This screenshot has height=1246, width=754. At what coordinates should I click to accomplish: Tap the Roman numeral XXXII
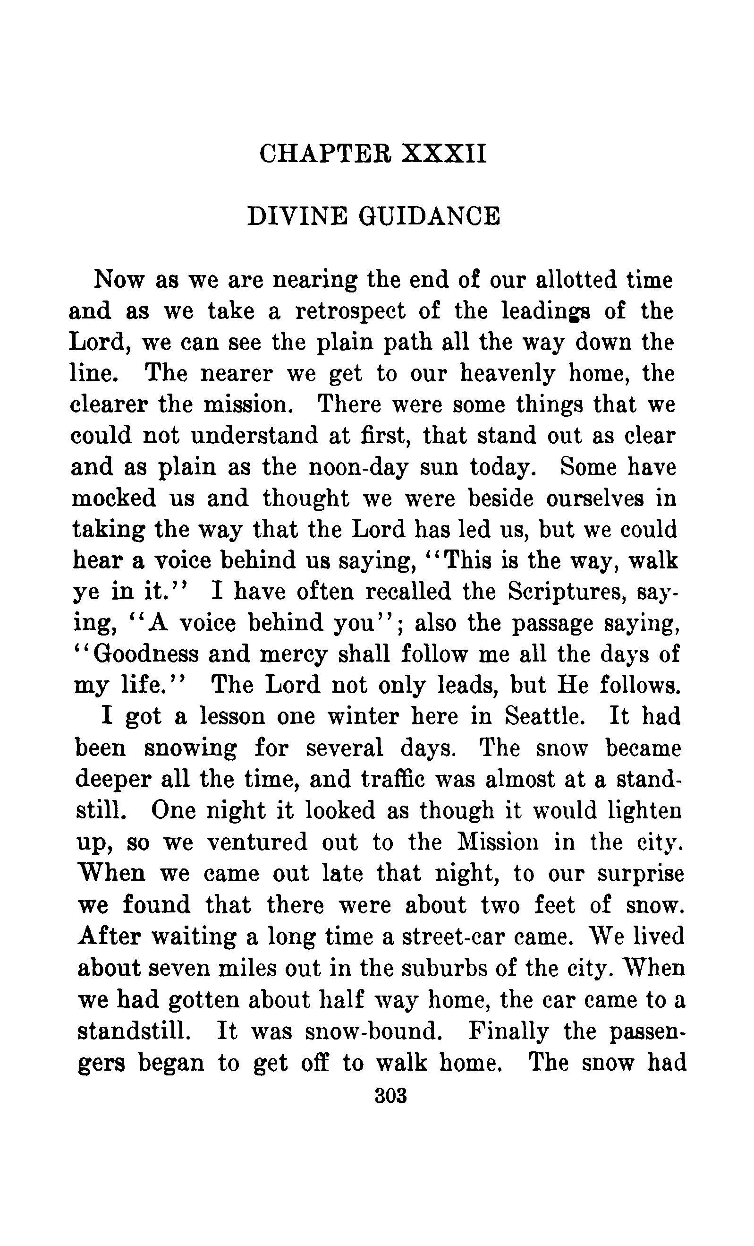(x=444, y=154)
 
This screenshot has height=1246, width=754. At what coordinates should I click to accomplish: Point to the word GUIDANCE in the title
(x=429, y=216)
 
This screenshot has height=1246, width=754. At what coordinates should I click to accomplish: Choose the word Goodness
(x=146, y=654)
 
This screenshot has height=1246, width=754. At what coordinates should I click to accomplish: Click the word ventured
(x=257, y=842)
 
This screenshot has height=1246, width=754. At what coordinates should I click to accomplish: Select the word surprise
(x=640, y=873)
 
